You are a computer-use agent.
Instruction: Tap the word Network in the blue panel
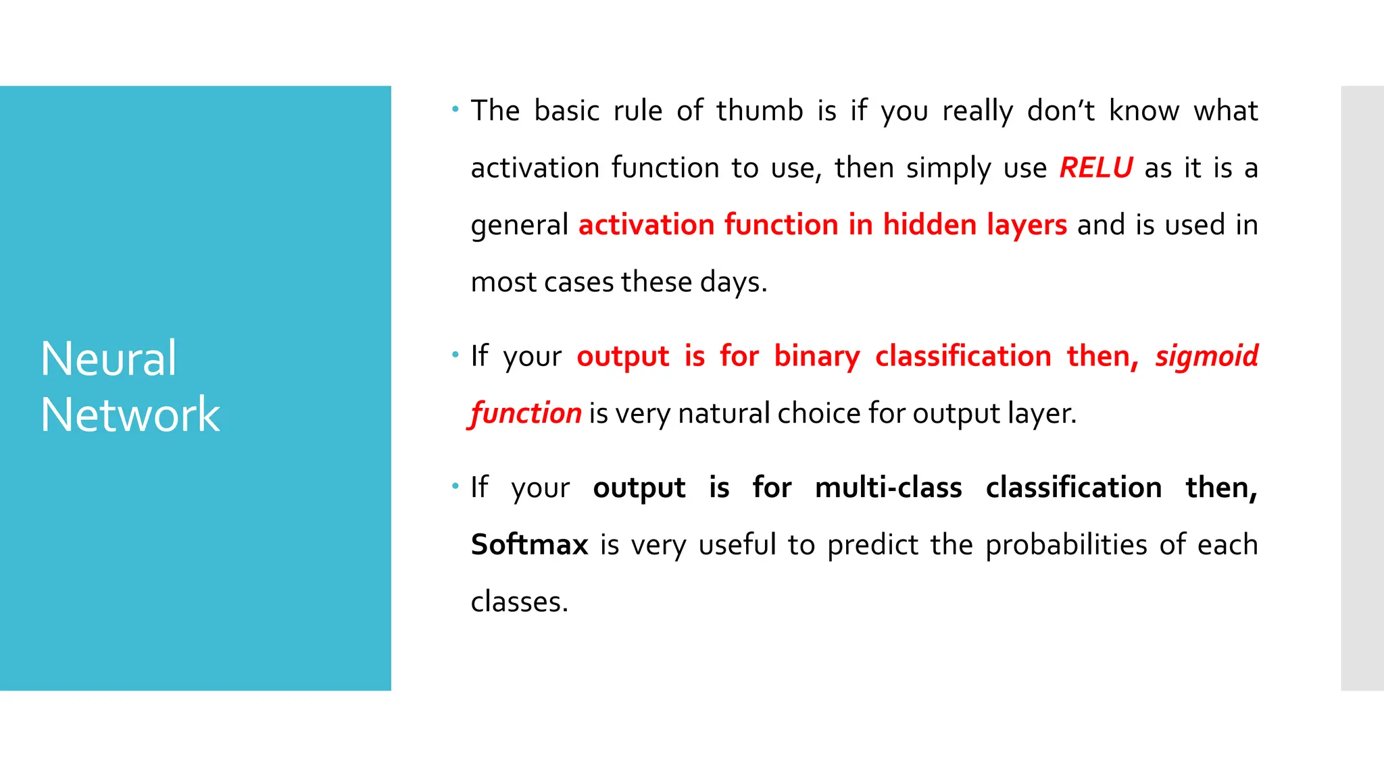[x=130, y=414]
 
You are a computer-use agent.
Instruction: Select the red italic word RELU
[x=1095, y=167]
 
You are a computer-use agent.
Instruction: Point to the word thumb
[x=760, y=110]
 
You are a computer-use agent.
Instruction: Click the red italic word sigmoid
[x=1206, y=356]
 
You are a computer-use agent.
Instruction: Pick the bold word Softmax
[x=529, y=544]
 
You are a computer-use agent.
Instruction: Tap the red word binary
[x=816, y=356]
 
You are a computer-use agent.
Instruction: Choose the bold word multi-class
[x=888, y=487]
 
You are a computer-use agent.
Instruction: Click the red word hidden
[x=929, y=224]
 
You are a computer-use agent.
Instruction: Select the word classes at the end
[x=518, y=601]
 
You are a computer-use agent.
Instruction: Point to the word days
[x=733, y=282]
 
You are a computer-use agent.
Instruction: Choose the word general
[x=519, y=226]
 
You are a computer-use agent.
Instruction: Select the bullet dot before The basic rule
[x=455, y=109]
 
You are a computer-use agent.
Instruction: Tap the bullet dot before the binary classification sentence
[x=455, y=355]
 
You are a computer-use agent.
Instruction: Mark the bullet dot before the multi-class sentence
[x=455, y=486]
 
